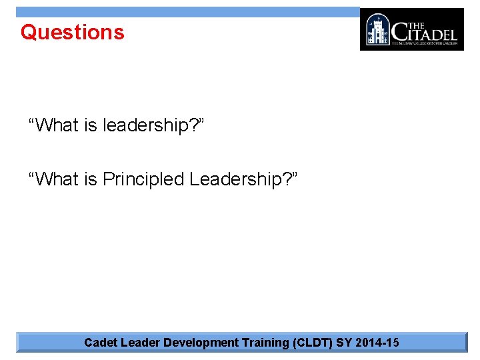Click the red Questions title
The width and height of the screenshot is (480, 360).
(x=72, y=32)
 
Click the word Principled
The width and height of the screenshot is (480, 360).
(x=143, y=179)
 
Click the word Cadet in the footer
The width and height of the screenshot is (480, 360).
(x=99, y=343)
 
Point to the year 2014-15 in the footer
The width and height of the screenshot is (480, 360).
(x=377, y=343)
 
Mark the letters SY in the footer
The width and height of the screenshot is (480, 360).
(x=344, y=343)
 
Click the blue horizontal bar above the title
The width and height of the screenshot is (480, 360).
(x=187, y=11)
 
